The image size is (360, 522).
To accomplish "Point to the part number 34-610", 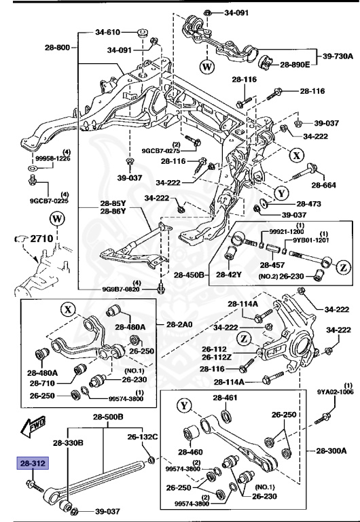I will [x=107, y=32].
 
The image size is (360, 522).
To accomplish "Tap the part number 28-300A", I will [x=330, y=451].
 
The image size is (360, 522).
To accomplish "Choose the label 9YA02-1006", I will [x=334, y=392].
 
